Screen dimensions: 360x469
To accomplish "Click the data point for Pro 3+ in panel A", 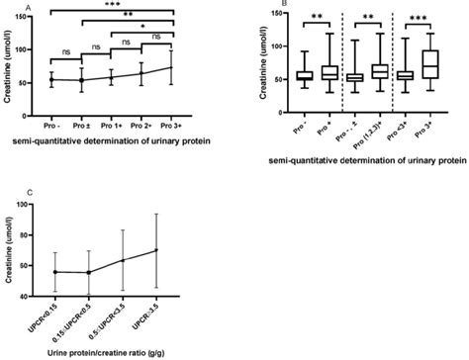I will [172, 68].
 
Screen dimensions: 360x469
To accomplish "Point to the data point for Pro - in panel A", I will [52, 80].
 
